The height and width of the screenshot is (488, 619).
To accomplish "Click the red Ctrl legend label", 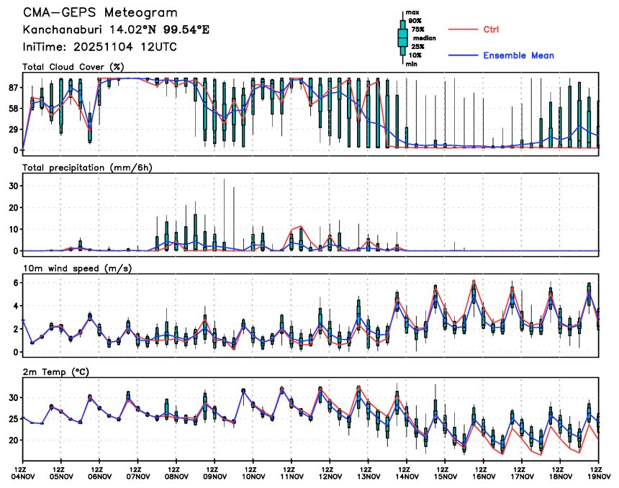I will pos(491,30).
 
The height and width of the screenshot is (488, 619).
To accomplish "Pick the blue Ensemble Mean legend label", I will pos(518,55).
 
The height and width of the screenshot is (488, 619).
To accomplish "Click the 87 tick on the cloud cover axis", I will pos(12,88).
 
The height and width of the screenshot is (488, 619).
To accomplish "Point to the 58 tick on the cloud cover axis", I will pos(12,109).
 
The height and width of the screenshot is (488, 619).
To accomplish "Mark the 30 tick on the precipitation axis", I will pos(12,185).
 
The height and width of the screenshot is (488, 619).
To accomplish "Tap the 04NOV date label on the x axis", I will pos(23,476).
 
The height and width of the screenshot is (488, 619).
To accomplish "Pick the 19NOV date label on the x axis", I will pos(599,476).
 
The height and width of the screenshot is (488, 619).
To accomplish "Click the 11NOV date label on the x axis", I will pos(292,476).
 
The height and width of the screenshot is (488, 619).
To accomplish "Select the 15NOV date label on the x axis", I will pos(446,476).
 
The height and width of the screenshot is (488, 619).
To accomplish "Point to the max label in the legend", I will pos(412,12).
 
